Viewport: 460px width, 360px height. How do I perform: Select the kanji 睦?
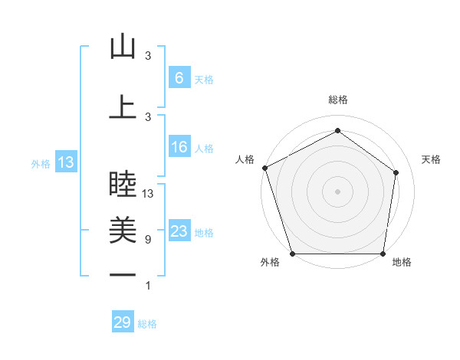tap(123, 184)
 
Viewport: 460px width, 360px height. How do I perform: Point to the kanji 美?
tap(123, 228)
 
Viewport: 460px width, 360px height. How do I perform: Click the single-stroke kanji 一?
tap(123, 274)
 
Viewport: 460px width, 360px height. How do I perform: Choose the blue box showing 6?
tap(179, 78)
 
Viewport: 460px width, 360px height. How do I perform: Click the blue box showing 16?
tap(179, 147)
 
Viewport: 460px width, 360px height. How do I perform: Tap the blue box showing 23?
tap(179, 231)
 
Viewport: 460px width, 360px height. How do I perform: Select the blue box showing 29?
tap(123, 322)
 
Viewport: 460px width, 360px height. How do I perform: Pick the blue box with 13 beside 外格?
tap(65, 162)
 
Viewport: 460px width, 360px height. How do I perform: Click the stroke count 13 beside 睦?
tap(148, 194)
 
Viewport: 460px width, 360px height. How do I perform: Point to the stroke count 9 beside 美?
tap(147, 240)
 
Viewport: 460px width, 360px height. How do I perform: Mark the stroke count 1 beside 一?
tap(148, 286)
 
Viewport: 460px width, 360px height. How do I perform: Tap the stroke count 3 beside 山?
tap(148, 56)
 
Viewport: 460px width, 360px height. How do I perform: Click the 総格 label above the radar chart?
tap(337, 100)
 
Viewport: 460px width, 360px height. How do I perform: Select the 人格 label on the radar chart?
tap(245, 159)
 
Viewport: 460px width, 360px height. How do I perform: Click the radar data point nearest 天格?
tap(396, 172)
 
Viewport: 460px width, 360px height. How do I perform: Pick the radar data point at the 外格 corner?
tap(292, 254)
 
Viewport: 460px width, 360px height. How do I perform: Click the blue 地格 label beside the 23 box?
tap(204, 233)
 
